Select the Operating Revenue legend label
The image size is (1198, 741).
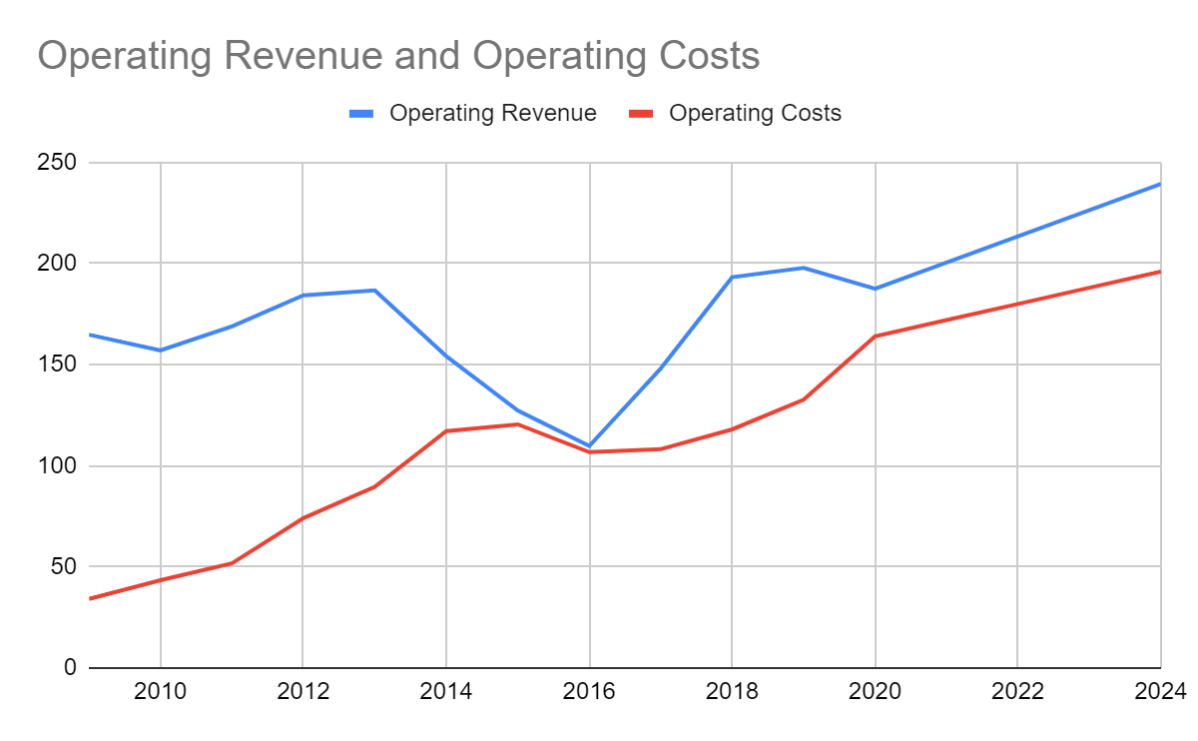coord(493,113)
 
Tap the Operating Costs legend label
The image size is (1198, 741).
coord(755,113)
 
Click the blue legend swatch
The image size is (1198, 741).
coord(361,114)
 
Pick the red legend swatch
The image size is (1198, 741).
coord(641,114)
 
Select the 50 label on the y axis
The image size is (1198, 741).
coord(63,566)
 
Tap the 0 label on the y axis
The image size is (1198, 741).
coord(69,667)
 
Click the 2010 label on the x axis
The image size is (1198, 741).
coord(161,692)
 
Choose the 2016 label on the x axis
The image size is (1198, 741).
coord(589,692)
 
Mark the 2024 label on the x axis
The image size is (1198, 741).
coord(1159,692)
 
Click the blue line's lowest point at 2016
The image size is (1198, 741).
coord(589,445)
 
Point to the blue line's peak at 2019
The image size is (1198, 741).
coord(803,268)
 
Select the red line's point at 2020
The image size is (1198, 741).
coord(875,336)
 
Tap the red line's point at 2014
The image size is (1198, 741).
coord(446,430)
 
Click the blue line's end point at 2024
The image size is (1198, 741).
coord(1159,184)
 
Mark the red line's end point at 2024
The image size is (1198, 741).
coord(1159,272)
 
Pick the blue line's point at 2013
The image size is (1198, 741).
coord(374,290)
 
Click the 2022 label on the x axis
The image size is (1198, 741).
coord(1016,692)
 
